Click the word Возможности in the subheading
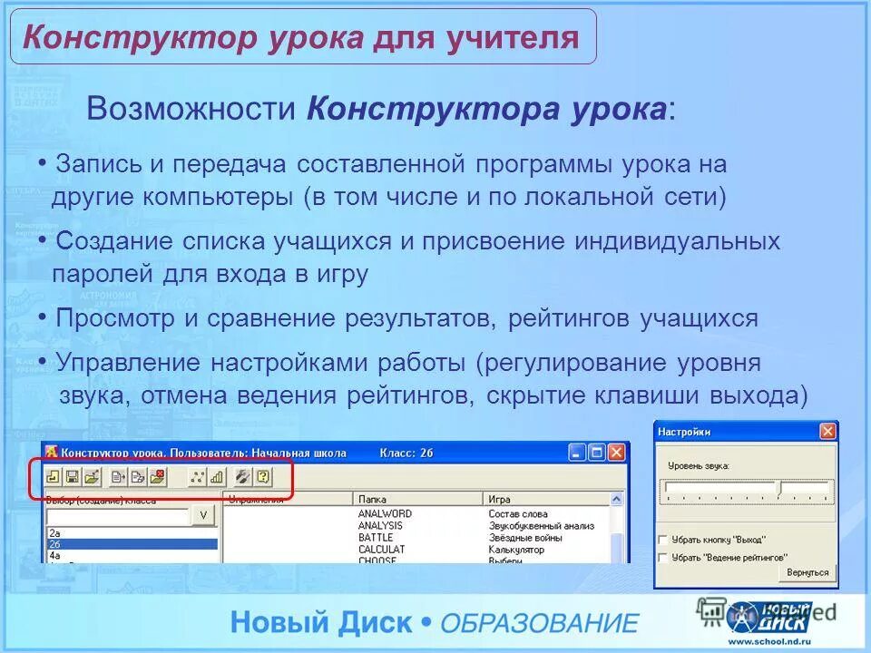click(191, 110)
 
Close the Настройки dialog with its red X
click(827, 432)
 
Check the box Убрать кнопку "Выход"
click(663, 540)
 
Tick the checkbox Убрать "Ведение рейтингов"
click(663, 557)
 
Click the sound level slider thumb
click(778, 488)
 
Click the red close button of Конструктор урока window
click(617, 452)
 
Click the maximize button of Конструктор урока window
click(596, 452)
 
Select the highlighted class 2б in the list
click(132, 544)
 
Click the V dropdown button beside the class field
click(203, 515)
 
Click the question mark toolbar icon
click(263, 476)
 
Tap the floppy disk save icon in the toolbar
click(73, 476)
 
